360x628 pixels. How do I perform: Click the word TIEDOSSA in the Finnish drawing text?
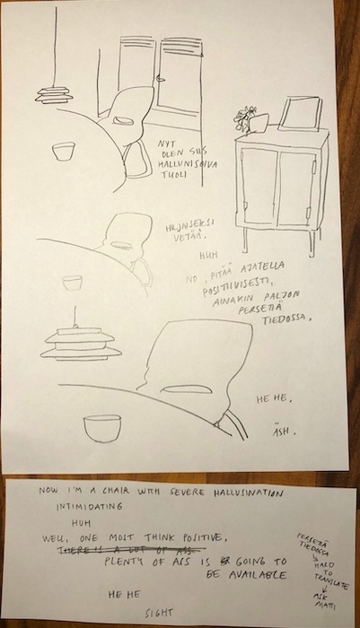(286, 318)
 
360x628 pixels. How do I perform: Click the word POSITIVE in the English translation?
(185, 536)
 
